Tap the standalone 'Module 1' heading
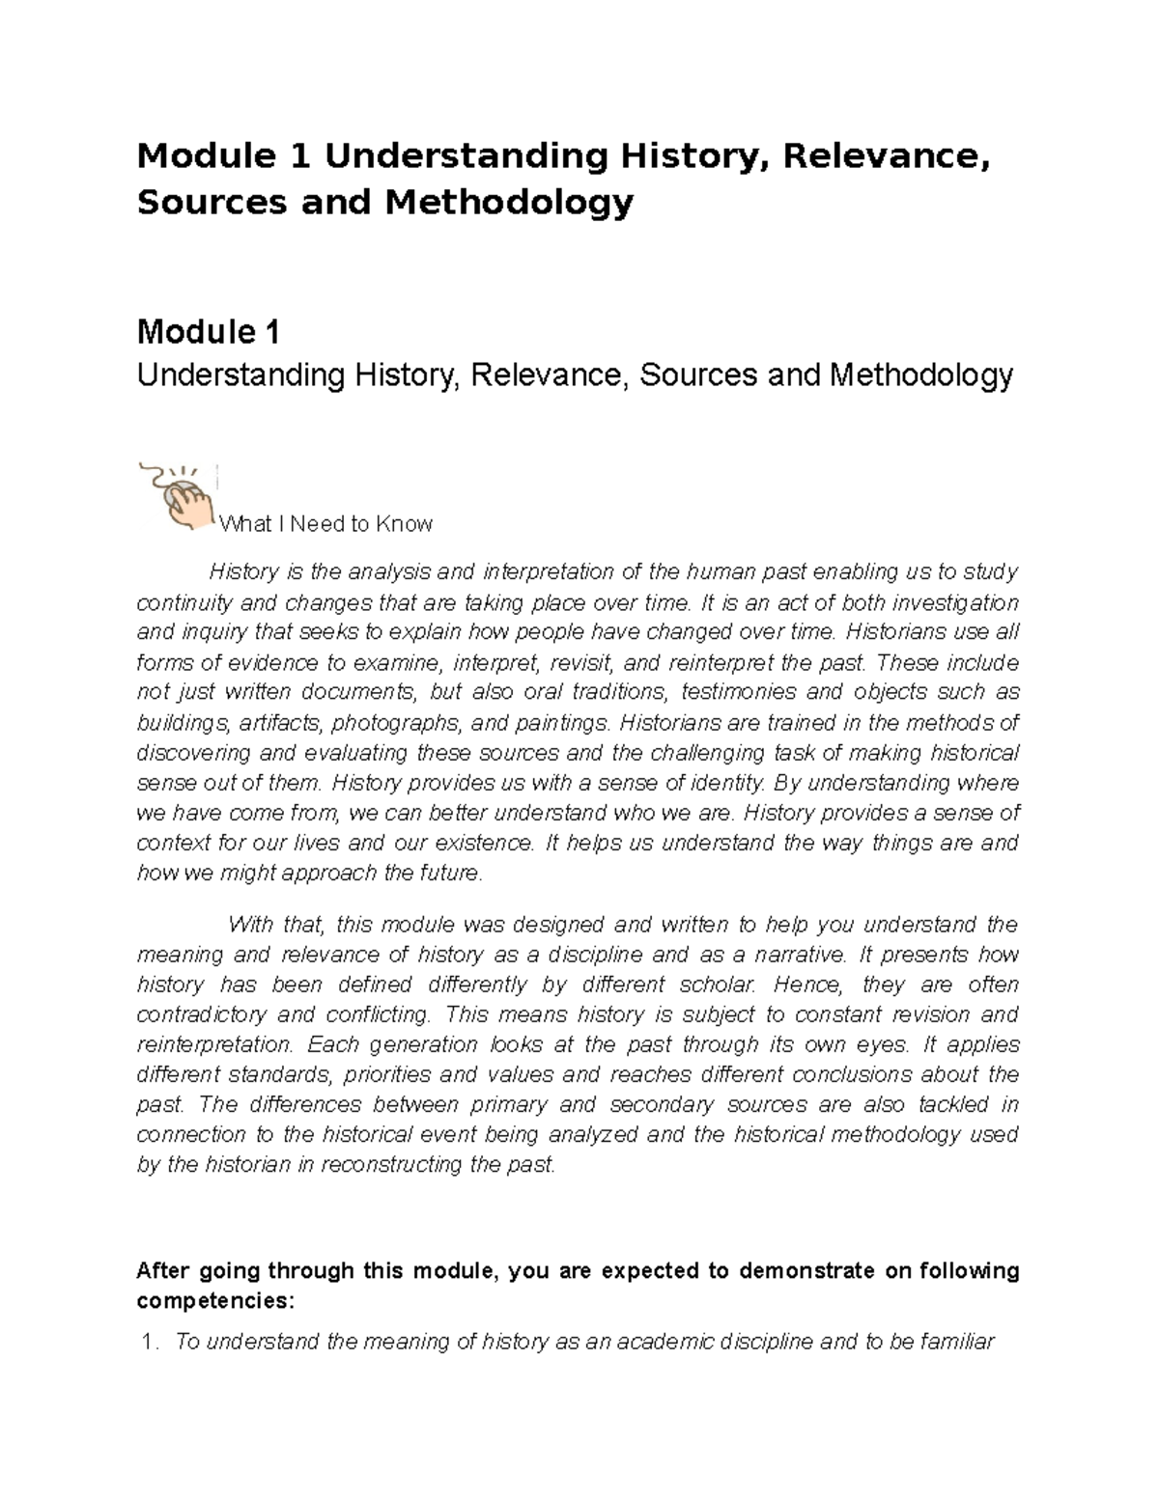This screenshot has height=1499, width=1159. [x=209, y=333]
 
